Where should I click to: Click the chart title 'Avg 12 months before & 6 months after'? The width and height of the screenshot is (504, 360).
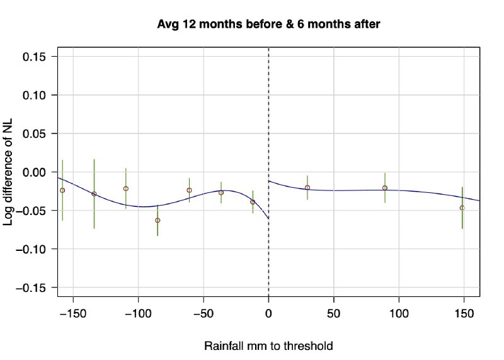tap(269, 24)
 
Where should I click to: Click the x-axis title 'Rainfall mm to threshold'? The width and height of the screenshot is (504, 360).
tap(268, 346)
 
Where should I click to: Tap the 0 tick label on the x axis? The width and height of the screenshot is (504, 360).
tap(269, 313)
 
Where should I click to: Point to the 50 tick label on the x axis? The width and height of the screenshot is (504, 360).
tap(334, 313)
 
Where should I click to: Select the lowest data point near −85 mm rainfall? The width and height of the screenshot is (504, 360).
tap(157, 220)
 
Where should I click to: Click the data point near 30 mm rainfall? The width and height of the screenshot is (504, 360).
tap(307, 187)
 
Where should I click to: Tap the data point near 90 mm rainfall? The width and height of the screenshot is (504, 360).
tap(385, 188)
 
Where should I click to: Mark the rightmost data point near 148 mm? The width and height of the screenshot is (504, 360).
tap(462, 207)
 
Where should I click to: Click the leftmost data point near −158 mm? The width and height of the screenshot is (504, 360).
tap(62, 190)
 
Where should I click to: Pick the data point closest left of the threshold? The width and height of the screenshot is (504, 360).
tap(253, 202)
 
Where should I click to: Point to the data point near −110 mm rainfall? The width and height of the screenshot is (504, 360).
tap(126, 189)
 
